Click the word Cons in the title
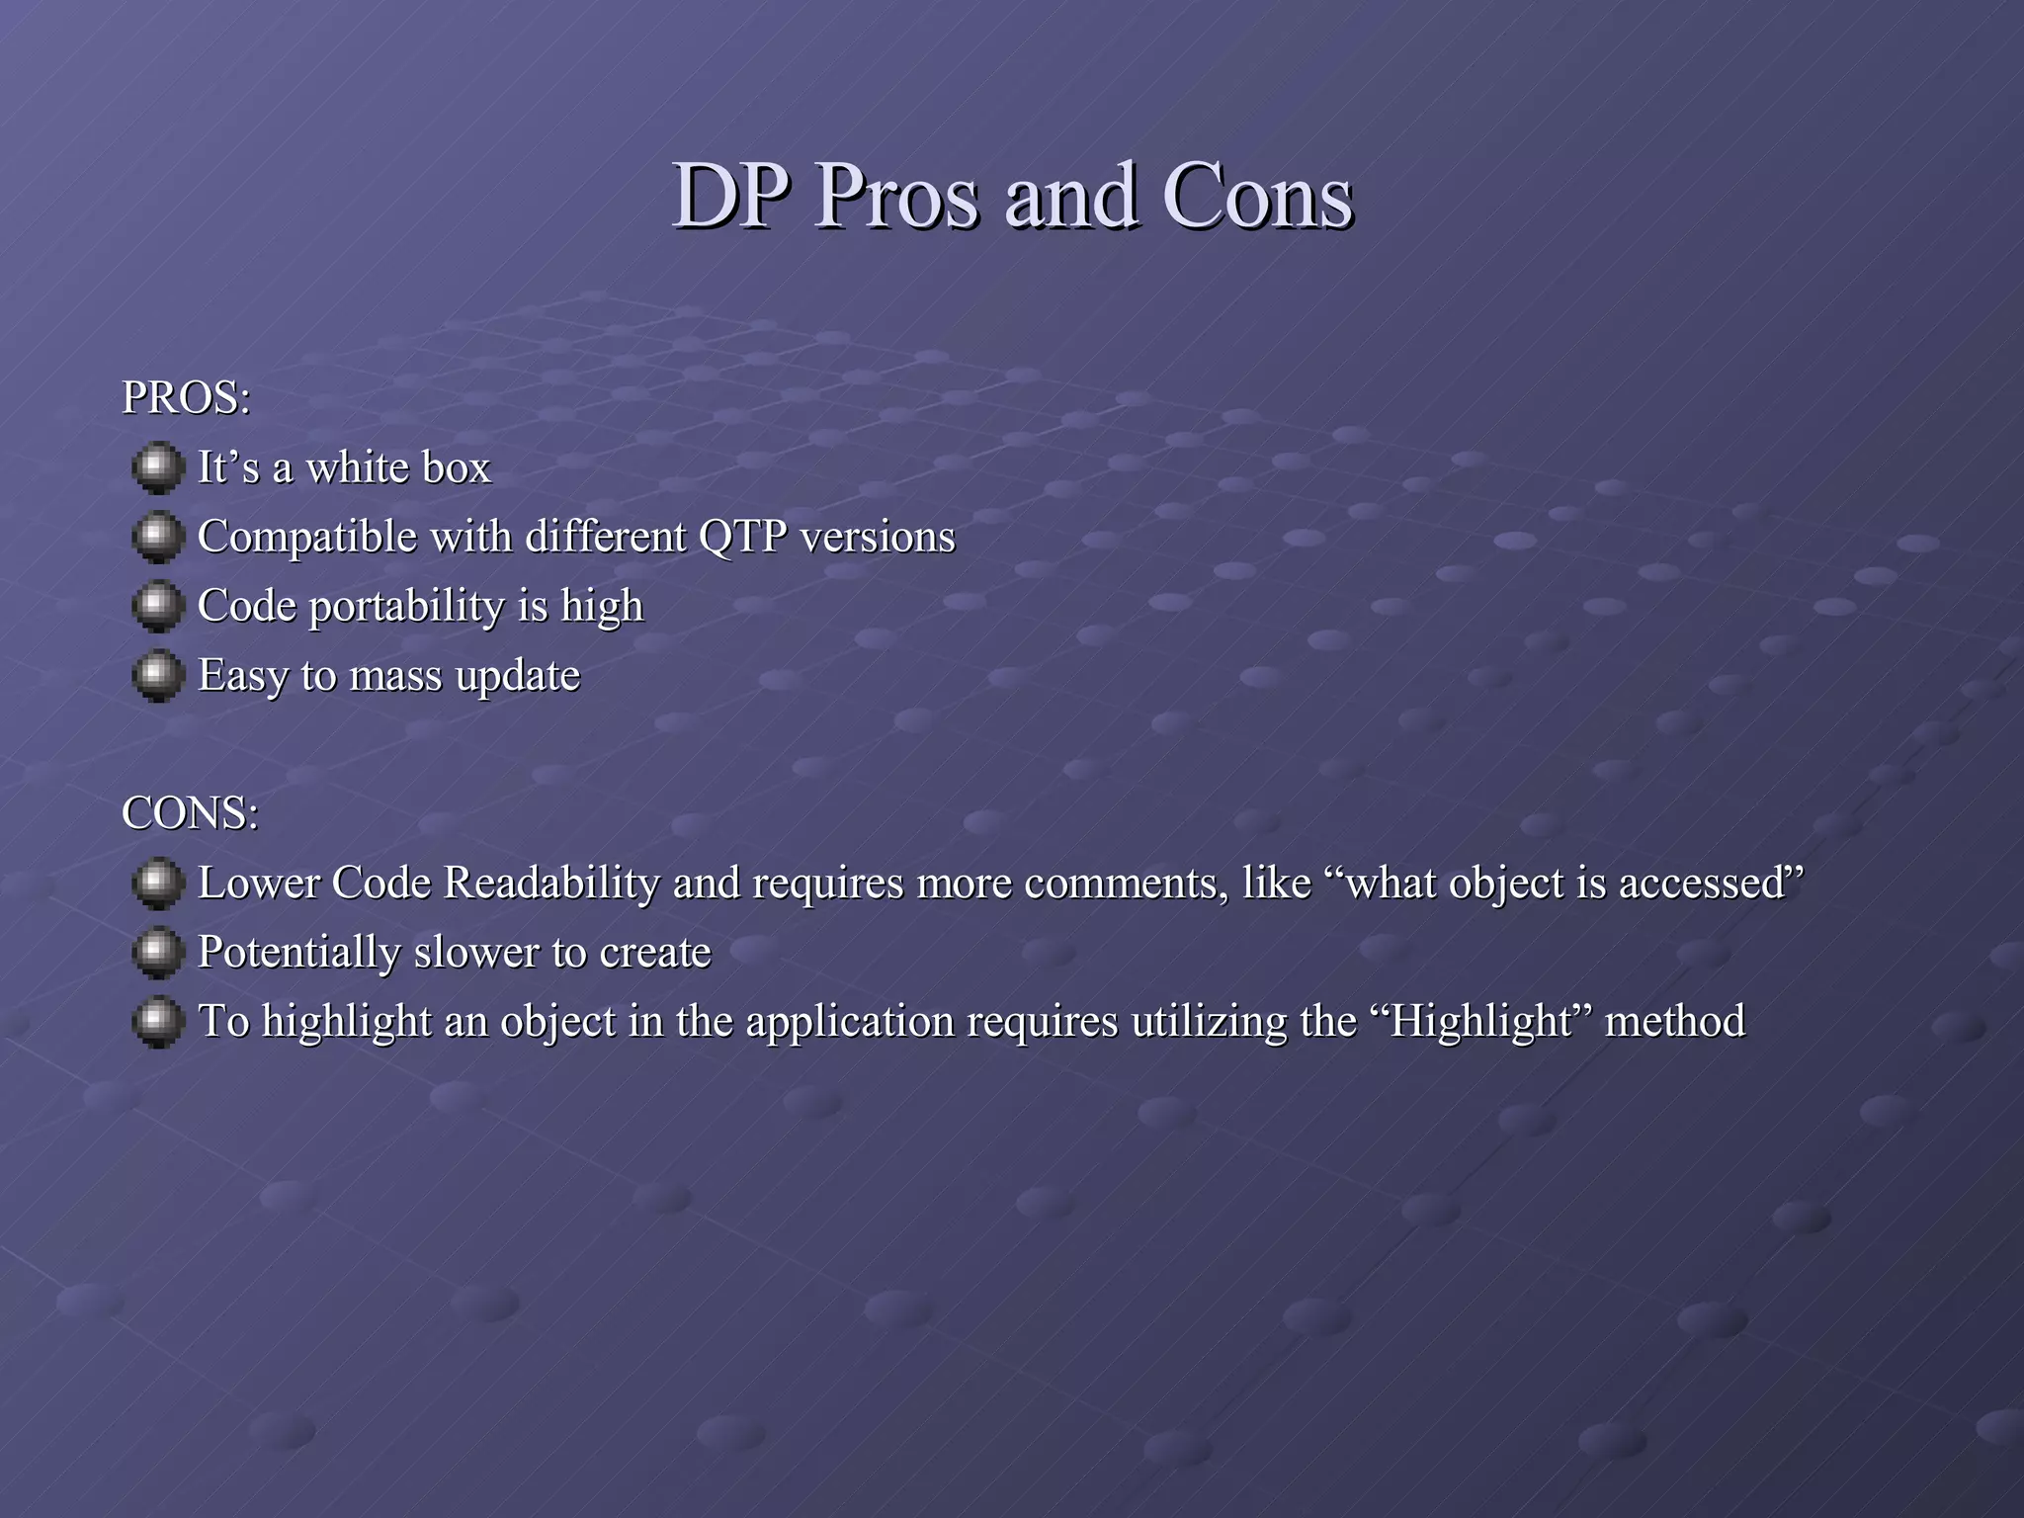click(x=1256, y=197)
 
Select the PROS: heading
click(x=186, y=398)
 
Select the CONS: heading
click(x=190, y=813)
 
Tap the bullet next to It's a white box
click(x=157, y=468)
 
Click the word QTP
click(x=742, y=538)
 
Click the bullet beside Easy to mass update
click(x=157, y=676)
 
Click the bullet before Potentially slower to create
click(x=157, y=953)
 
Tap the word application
click(x=849, y=1022)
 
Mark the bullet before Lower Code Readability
click(x=157, y=884)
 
